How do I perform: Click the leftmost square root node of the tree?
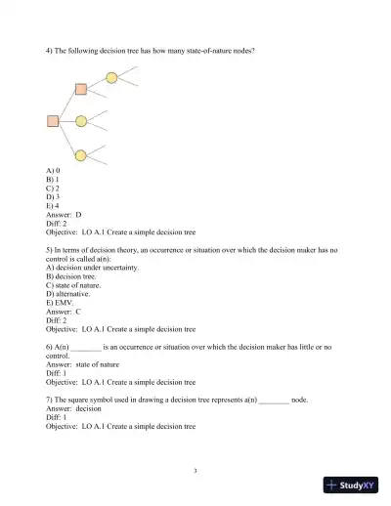[x=53, y=121]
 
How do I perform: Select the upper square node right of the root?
[x=81, y=90]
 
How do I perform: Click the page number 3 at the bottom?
[x=195, y=471]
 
